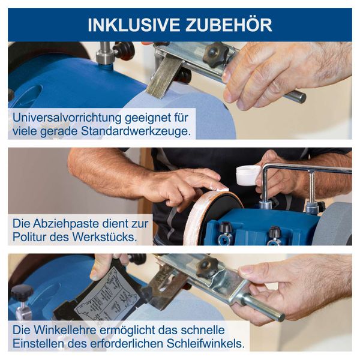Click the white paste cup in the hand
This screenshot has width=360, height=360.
click(x=247, y=175)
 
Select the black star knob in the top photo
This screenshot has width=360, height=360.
click(x=215, y=54)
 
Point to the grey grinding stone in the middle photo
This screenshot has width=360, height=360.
click(x=335, y=222)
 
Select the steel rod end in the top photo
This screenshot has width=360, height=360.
click(x=294, y=96)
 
